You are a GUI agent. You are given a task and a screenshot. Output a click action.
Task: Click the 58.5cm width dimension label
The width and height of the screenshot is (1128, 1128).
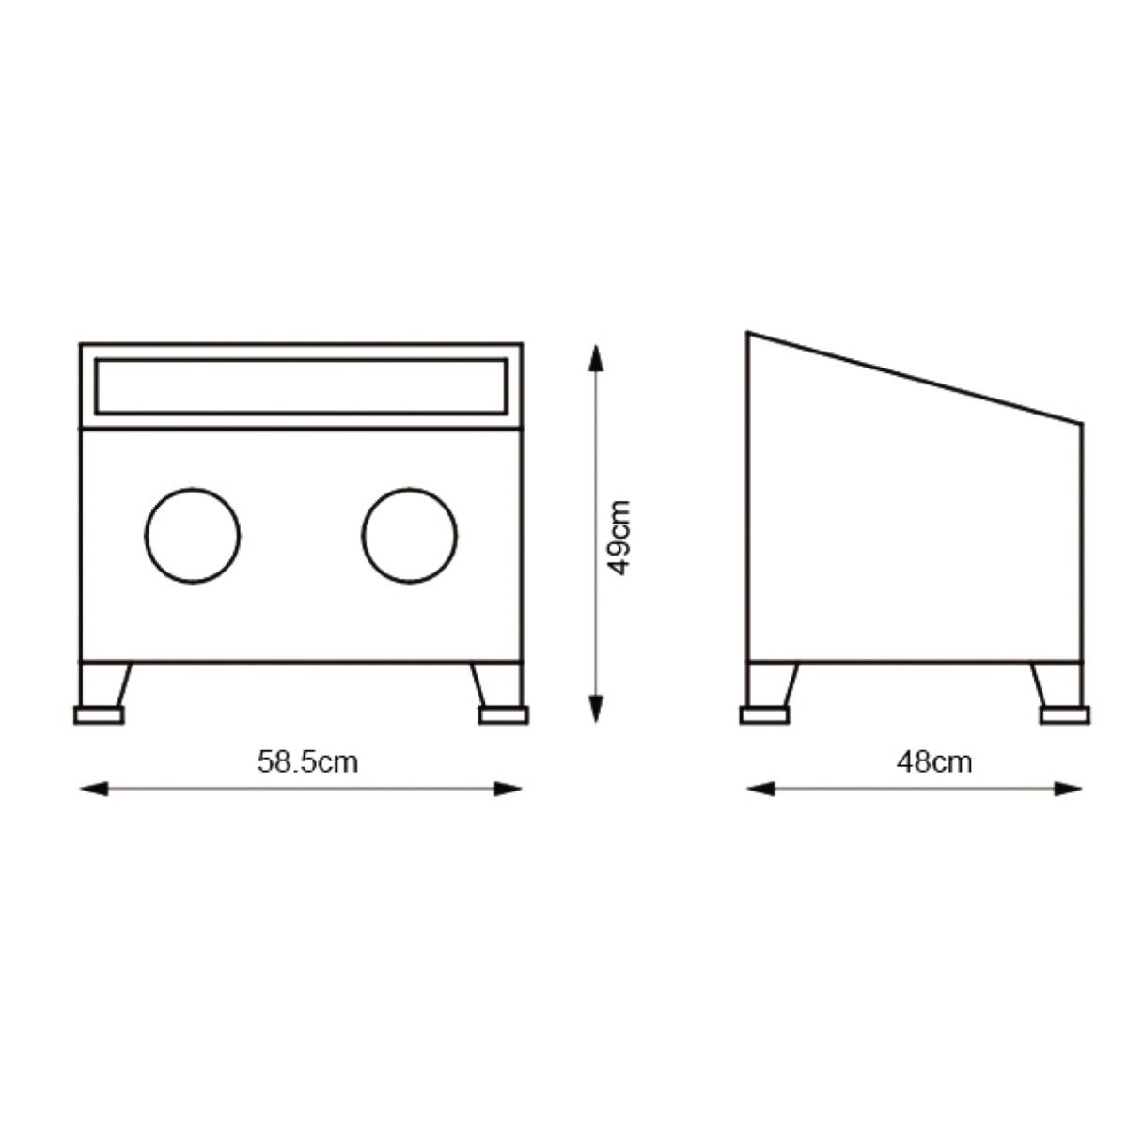(x=308, y=762)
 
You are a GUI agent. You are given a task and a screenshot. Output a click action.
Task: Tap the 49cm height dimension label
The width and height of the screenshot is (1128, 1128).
(x=619, y=538)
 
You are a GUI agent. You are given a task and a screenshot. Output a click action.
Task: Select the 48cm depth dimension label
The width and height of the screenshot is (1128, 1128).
(x=934, y=762)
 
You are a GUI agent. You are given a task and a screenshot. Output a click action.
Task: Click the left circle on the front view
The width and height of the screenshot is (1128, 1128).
(x=193, y=536)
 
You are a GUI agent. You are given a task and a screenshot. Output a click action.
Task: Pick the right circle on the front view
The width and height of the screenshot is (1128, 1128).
(x=409, y=536)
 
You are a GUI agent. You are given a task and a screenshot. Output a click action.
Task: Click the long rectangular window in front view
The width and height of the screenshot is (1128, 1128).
(x=301, y=387)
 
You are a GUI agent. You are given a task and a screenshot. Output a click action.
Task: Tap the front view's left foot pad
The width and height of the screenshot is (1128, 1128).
(x=99, y=715)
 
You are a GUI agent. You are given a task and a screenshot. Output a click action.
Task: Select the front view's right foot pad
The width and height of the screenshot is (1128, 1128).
(x=504, y=715)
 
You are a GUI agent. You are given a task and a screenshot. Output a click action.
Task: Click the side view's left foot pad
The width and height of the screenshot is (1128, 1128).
(x=764, y=715)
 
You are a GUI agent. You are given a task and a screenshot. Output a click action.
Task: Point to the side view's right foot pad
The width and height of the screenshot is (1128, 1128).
(x=1065, y=715)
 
